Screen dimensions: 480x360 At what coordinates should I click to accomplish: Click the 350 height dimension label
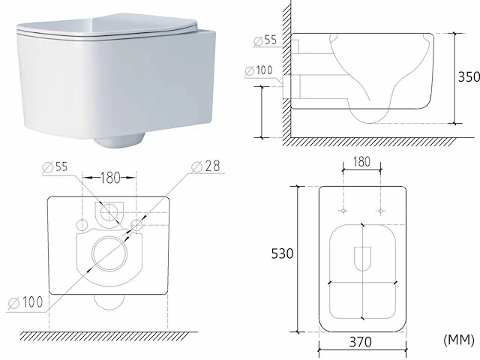(469, 76)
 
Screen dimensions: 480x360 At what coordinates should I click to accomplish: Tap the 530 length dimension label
(282, 253)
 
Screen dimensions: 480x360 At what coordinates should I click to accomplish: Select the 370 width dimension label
(361, 342)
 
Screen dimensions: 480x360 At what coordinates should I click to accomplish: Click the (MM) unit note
(458, 340)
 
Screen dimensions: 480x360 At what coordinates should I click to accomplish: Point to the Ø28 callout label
(205, 166)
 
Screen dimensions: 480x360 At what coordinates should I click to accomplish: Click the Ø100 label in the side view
(259, 70)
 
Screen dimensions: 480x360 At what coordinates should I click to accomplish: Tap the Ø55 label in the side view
(265, 40)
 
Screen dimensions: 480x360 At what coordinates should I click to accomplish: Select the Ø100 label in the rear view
(25, 302)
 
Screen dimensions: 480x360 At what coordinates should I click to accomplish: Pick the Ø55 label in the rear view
(55, 166)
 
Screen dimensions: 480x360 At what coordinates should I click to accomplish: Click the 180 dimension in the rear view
(110, 178)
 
